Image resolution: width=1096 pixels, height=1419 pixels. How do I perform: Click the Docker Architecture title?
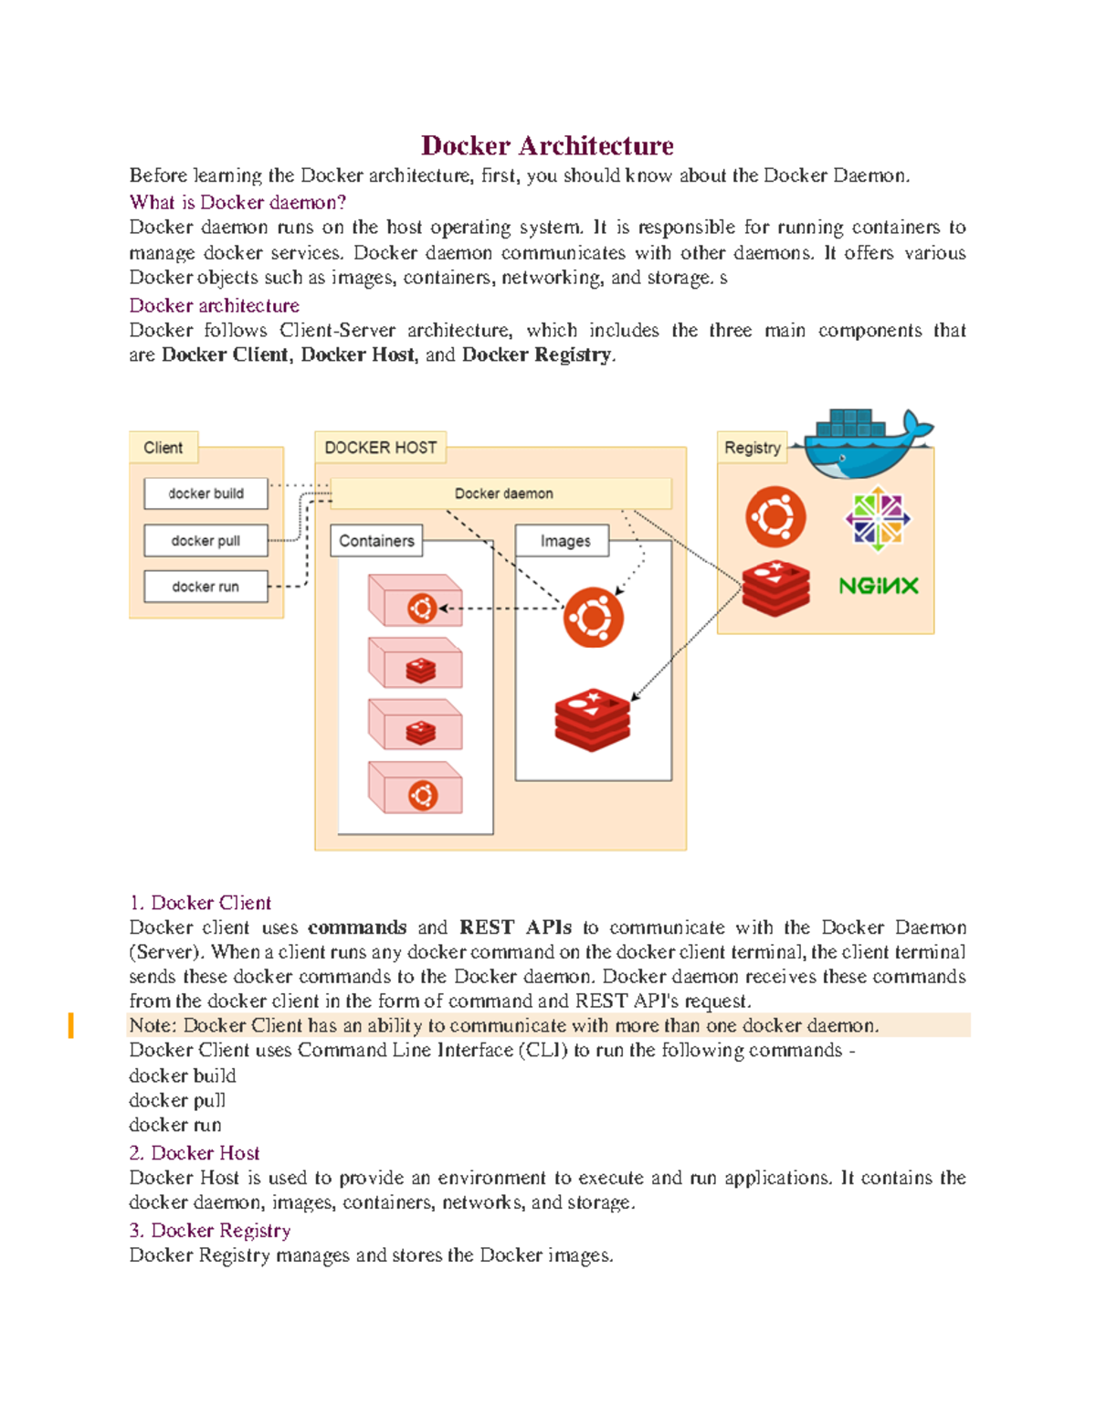[547, 145]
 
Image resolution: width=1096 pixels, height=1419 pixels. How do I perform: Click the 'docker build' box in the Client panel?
[205, 493]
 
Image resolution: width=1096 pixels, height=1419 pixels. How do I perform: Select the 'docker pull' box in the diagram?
[205, 541]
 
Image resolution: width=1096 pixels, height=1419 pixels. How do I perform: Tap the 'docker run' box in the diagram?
[205, 587]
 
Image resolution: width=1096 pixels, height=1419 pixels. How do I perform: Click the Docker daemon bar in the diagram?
[503, 493]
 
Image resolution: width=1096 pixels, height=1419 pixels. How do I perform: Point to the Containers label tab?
[376, 541]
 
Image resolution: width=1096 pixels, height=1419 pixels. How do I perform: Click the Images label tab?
[564, 541]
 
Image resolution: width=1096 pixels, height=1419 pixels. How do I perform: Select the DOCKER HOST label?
[380, 448]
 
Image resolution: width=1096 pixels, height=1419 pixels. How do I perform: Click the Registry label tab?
[752, 448]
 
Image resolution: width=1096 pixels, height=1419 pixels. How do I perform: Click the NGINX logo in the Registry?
[878, 586]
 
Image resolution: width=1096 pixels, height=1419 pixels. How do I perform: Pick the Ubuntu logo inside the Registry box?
[775, 516]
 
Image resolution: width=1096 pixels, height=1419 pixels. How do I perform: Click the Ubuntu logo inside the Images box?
[594, 618]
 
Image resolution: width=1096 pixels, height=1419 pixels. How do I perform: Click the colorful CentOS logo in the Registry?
[877, 518]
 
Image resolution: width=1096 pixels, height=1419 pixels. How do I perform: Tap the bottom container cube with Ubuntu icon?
[416, 789]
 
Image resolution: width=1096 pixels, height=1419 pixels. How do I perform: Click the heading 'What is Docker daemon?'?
[237, 202]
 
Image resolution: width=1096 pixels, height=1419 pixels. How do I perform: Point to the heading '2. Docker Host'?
[195, 1153]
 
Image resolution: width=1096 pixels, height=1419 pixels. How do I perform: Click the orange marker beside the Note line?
[70, 1025]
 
